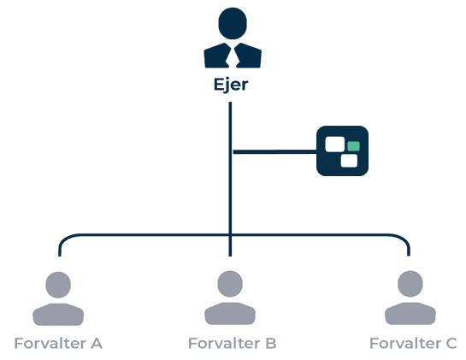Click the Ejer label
click(x=231, y=85)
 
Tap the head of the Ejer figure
click(x=233, y=23)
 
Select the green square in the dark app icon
click(x=353, y=146)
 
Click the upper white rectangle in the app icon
click(x=335, y=145)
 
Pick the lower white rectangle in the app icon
click(x=349, y=161)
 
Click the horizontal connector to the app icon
click(x=275, y=152)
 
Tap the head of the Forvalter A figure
click(x=58, y=285)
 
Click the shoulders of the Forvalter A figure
click(x=58, y=314)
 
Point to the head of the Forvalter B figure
click(x=230, y=284)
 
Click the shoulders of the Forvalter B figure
click(x=230, y=313)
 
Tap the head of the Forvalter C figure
click(x=410, y=284)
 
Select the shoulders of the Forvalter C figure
click(x=410, y=313)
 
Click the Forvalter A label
click(x=58, y=344)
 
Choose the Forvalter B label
click(x=233, y=344)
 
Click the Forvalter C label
click(x=413, y=344)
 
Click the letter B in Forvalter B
click(x=271, y=344)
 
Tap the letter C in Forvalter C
click(x=451, y=344)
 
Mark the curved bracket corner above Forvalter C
click(x=404, y=239)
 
